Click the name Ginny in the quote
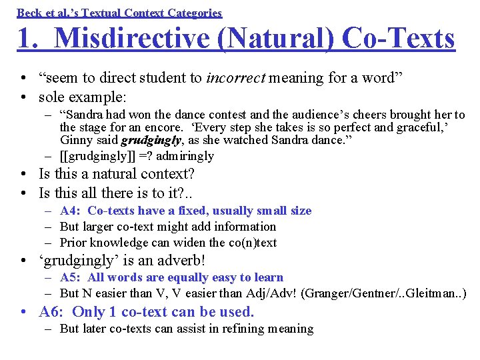coord(75,140)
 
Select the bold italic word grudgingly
coord(151,140)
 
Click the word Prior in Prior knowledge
coord(73,243)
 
